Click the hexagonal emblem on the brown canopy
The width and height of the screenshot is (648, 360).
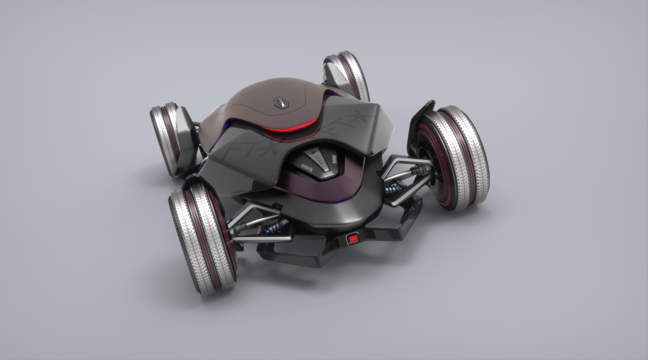pos(279,102)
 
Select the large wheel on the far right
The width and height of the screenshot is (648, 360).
pos(456,157)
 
